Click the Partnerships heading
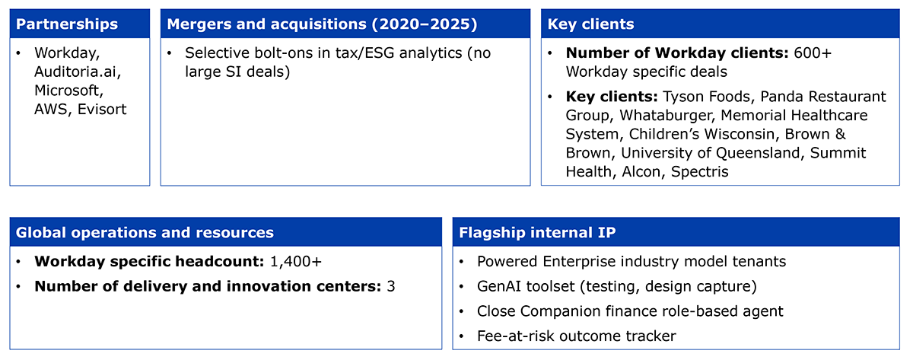[67, 24]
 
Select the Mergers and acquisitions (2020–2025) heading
[322, 24]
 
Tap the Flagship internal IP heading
[537, 232]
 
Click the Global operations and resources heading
[145, 232]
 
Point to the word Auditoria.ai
[78, 72]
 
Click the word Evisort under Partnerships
[102, 110]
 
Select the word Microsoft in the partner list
[69, 91]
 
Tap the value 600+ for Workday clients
[813, 53]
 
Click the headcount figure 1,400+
[296, 261]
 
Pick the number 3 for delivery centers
[391, 286]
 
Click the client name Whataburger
[668, 116]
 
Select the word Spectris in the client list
[699, 172]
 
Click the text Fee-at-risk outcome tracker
[577, 336]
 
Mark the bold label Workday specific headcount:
[149, 261]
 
